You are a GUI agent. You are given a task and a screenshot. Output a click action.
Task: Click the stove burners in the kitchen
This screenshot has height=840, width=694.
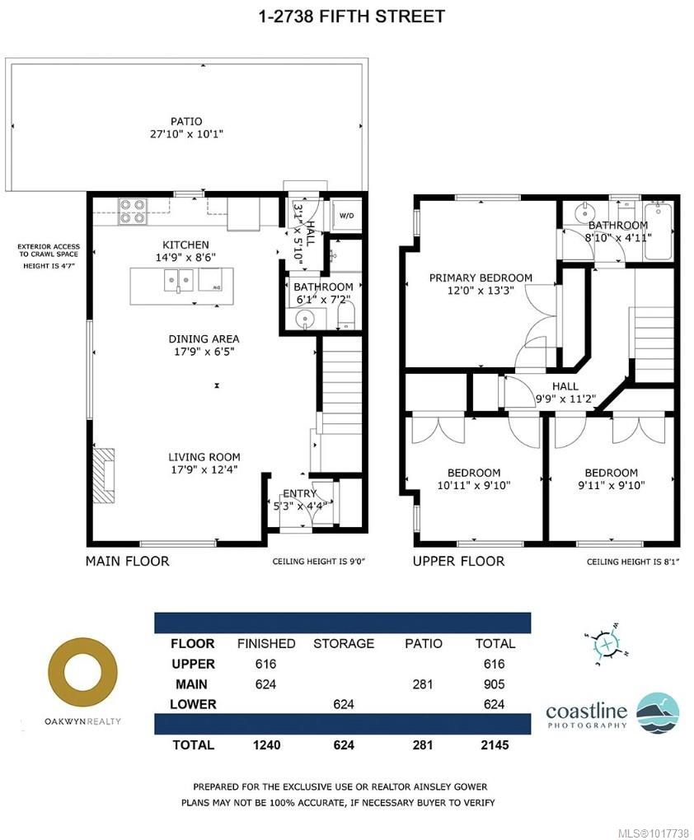(133, 211)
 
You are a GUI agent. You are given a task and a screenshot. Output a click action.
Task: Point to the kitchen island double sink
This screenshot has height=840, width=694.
(180, 283)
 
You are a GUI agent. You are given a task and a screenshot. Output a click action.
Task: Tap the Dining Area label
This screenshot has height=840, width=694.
(204, 338)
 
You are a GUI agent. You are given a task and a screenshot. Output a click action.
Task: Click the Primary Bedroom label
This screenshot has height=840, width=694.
(481, 278)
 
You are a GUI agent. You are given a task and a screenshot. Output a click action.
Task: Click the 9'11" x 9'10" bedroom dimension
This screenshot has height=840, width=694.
(611, 485)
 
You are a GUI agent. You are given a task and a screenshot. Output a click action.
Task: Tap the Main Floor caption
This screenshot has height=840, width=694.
(128, 562)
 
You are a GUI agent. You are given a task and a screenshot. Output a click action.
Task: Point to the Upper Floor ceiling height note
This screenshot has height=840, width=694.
(631, 562)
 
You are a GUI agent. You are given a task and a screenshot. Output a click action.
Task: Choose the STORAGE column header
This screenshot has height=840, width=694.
(343, 643)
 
